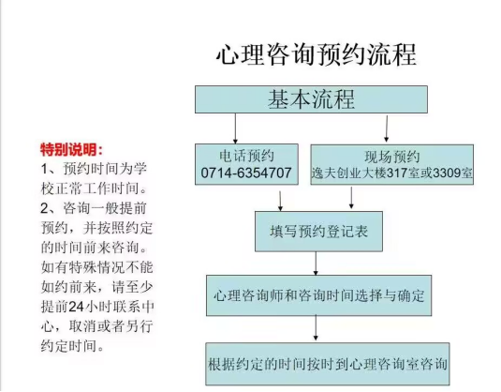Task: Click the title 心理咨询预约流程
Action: click(x=317, y=54)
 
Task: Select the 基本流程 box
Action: click(x=311, y=99)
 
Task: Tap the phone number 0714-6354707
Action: click(x=246, y=173)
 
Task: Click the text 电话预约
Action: click(x=246, y=157)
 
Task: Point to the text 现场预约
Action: click(x=392, y=157)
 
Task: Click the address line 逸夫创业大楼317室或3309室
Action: click(x=392, y=173)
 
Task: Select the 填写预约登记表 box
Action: click(x=318, y=232)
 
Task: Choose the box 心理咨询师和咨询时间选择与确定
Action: click(x=318, y=295)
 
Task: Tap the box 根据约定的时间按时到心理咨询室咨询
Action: click(x=328, y=364)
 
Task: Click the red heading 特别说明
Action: click(x=72, y=149)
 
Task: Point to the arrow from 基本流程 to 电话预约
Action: click(x=235, y=128)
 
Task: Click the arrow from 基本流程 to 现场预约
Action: click(x=387, y=128)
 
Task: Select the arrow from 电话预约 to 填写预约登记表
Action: click(x=280, y=202)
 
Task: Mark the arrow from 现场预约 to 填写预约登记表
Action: click(x=351, y=198)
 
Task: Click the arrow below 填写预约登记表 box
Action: click(x=316, y=264)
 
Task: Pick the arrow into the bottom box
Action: click(x=316, y=328)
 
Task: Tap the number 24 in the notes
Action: click(x=76, y=307)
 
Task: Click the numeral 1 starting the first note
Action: click(x=44, y=169)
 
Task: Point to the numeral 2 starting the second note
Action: click(x=44, y=208)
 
